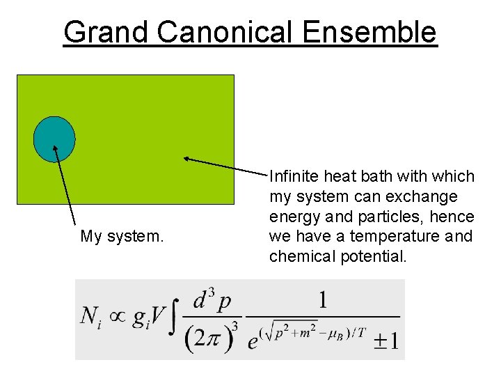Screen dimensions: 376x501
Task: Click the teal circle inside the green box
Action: (54, 139)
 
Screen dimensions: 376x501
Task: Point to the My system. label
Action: (122, 237)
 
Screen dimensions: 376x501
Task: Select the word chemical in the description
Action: (302, 256)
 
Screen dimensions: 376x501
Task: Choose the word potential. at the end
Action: (374, 257)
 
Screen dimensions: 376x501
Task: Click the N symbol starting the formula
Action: (89, 316)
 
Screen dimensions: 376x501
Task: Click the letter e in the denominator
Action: (253, 343)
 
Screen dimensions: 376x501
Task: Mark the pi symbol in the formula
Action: (212, 340)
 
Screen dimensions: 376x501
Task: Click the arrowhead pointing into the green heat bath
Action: (186, 158)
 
